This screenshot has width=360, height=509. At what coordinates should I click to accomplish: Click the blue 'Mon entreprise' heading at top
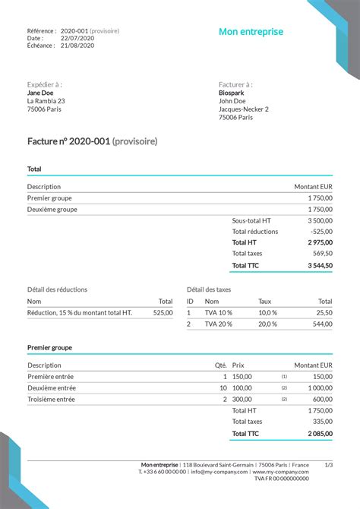(x=251, y=32)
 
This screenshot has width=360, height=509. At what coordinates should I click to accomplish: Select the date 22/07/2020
(x=77, y=38)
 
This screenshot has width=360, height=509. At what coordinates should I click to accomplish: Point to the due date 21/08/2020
(x=77, y=46)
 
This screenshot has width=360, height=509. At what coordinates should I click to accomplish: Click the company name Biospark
(x=232, y=93)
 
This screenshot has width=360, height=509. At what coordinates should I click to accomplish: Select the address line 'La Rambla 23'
(x=46, y=101)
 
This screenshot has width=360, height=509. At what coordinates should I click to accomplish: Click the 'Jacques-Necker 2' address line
(x=243, y=109)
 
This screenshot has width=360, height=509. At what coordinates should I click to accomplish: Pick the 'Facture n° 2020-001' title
(x=68, y=141)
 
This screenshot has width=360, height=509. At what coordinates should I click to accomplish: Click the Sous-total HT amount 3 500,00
(x=320, y=220)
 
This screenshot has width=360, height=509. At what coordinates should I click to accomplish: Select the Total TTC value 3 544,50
(x=320, y=265)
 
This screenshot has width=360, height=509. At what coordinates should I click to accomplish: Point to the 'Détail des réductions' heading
(x=57, y=289)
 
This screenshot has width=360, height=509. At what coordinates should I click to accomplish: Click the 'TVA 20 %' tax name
(x=219, y=324)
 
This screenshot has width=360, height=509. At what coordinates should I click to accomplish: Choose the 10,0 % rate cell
(x=267, y=313)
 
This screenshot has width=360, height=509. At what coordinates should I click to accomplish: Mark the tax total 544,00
(x=324, y=324)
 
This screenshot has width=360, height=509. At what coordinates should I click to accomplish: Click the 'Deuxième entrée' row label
(x=52, y=387)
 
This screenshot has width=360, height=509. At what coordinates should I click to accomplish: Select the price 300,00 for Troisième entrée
(x=242, y=399)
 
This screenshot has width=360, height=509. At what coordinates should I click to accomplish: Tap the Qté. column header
(x=221, y=365)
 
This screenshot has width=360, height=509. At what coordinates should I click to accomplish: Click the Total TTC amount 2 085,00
(x=320, y=434)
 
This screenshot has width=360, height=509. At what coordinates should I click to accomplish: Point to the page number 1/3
(x=328, y=464)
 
